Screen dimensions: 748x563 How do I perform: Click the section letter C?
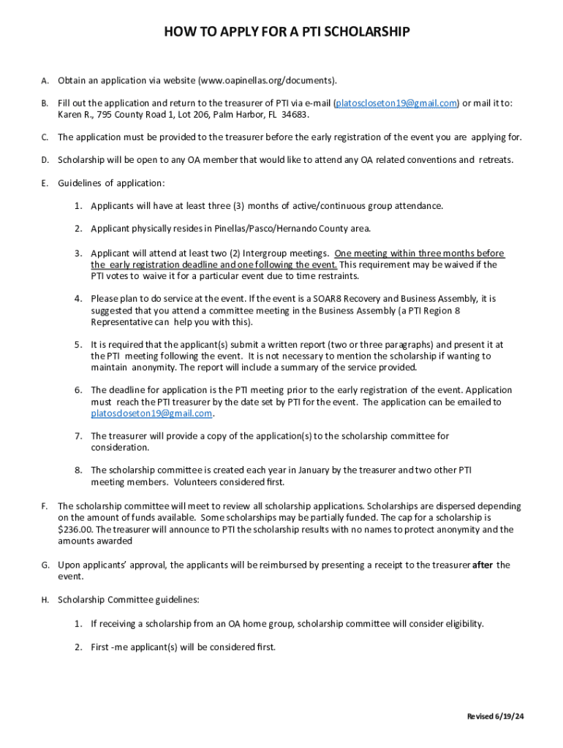coord(45,137)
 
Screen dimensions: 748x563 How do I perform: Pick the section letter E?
coord(45,183)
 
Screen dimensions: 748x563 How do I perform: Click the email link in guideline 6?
coord(151,413)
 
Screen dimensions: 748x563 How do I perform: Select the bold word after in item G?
coord(483,565)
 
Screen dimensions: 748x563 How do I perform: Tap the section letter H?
coord(45,600)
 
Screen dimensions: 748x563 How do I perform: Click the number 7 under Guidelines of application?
coord(78,436)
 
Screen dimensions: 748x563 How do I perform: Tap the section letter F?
coord(45,505)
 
